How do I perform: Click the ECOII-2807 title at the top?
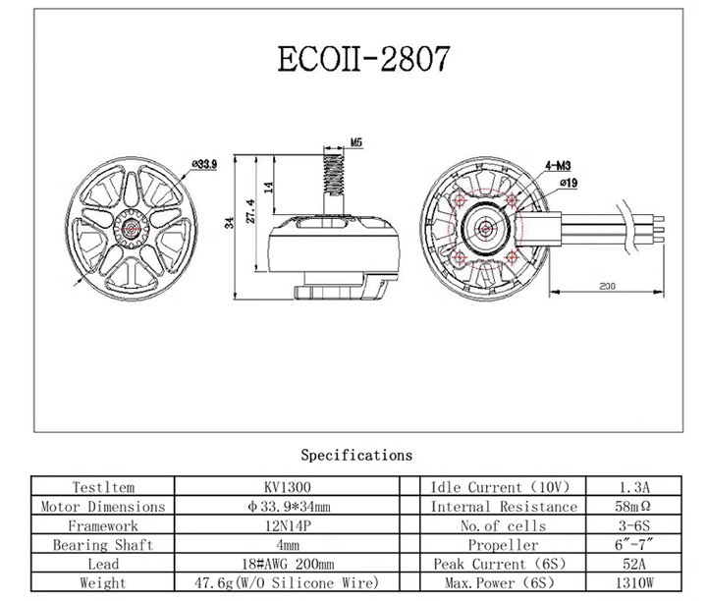click(x=363, y=59)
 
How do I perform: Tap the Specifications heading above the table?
click(x=356, y=455)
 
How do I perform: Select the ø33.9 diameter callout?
click(x=204, y=164)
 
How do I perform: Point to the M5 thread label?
click(x=356, y=142)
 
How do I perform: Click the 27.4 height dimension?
click(x=251, y=211)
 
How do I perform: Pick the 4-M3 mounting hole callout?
click(x=558, y=166)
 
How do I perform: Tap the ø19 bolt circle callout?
click(x=569, y=183)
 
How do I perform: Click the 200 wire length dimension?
click(x=607, y=286)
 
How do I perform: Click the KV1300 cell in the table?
click(x=287, y=487)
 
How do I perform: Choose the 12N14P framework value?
click(x=287, y=525)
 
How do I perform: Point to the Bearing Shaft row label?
click(x=103, y=545)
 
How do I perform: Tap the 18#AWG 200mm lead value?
click(x=288, y=564)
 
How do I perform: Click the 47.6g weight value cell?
click(x=287, y=583)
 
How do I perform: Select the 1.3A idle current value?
click(x=634, y=487)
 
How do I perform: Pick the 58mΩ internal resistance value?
click(x=633, y=507)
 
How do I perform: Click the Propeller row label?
click(x=503, y=545)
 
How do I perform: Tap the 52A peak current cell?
click(x=634, y=564)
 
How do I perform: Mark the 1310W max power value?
click(x=634, y=583)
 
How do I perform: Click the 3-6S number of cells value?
click(x=634, y=525)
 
